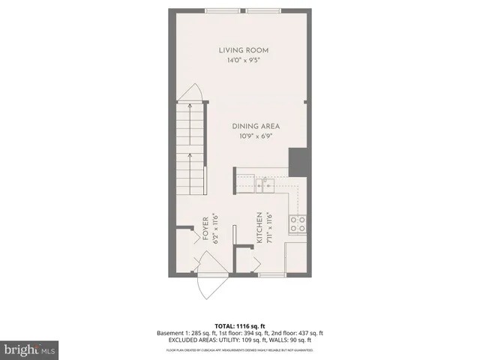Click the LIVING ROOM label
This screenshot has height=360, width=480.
point(243,50)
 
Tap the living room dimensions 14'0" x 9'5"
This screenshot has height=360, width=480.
point(243,61)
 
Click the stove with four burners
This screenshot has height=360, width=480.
point(296,223)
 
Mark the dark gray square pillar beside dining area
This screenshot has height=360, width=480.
point(298,161)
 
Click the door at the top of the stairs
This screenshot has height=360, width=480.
point(193,95)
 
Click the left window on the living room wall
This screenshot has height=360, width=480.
point(224,10)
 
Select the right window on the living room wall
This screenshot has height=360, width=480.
point(262,10)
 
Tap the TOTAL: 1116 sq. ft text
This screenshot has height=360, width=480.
point(240,325)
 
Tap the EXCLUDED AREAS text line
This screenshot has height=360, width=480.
point(240,340)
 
